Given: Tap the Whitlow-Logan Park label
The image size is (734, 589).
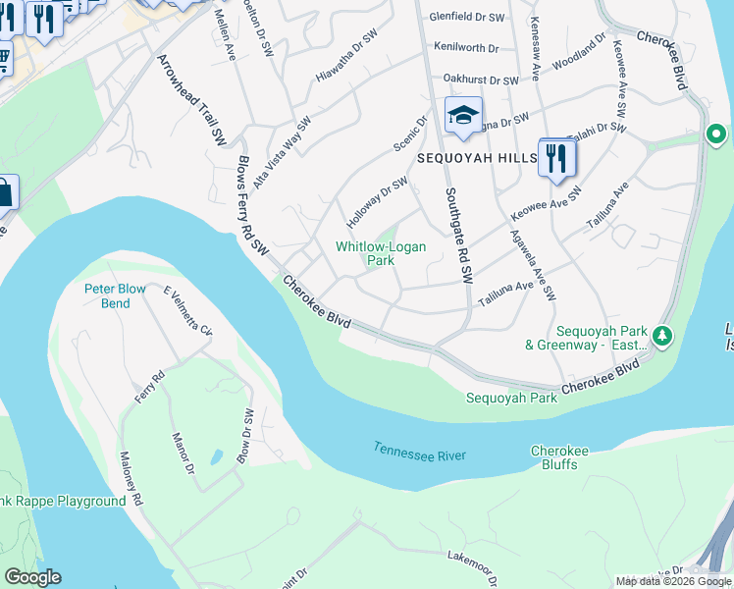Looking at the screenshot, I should tap(381, 253).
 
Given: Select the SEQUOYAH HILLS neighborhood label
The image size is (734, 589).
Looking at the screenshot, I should tap(475, 157).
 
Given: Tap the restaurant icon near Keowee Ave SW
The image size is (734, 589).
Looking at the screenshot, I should tap(556, 157).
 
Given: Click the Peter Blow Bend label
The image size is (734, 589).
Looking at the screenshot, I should tap(107, 295).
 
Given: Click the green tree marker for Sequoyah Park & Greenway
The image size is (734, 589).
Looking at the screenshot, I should tap(663, 337).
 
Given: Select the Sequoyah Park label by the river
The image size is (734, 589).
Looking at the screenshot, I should tap(511, 398).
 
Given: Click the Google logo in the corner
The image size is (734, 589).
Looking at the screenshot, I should tap(32, 577).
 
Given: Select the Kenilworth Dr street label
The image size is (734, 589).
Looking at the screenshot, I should tap(466, 47).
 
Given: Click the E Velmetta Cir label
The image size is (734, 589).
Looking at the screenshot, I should tap(187, 311).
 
